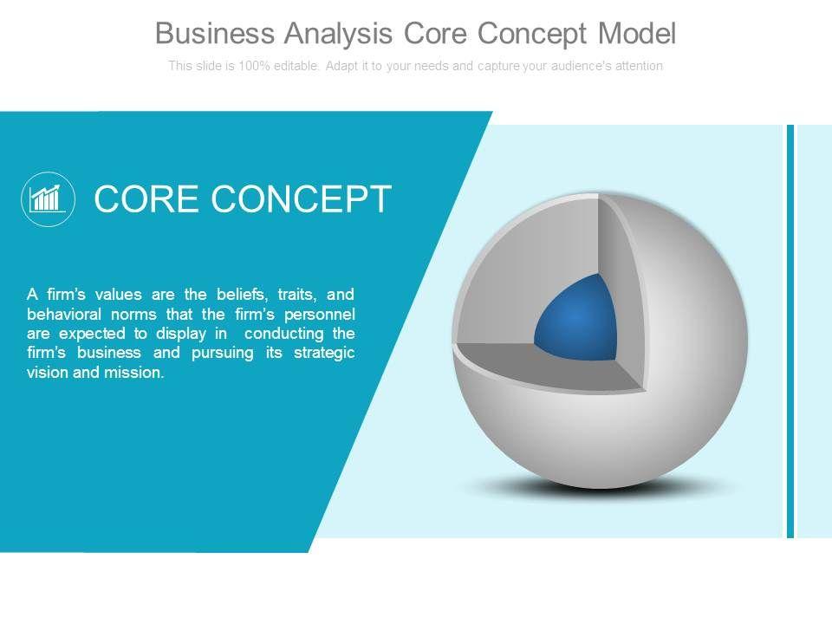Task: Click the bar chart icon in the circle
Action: tap(48, 199)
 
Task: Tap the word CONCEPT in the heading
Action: tap(302, 199)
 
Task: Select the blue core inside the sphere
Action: tap(575, 317)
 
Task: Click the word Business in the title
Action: tap(215, 33)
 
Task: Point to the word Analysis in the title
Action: tap(339, 35)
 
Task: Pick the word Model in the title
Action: tap(637, 33)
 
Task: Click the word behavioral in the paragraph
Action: tap(63, 314)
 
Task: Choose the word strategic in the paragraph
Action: tap(324, 354)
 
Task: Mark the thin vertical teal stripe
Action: tap(790, 331)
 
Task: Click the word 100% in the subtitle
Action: tap(254, 66)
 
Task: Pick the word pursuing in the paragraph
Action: tap(223, 354)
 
